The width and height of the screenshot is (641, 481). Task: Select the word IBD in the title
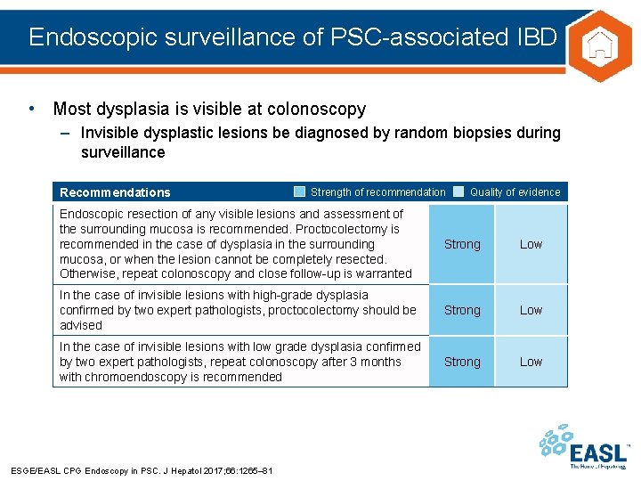pos(536,37)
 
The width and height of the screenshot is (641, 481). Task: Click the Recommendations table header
pos(115,192)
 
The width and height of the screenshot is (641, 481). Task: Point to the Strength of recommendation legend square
pos(300,192)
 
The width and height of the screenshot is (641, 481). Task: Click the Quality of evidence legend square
pos(458,192)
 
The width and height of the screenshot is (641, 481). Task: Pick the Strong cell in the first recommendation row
pos(462,244)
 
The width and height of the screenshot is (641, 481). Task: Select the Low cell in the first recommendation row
pos(531,244)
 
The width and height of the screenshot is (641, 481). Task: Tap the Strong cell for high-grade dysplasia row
pos(462,310)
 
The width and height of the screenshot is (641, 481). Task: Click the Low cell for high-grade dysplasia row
pos(531,310)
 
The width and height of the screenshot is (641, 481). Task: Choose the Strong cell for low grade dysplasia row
pos(462,362)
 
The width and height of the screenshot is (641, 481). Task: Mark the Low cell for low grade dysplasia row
pos(531,362)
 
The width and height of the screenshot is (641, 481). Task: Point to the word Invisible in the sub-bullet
pos(110,133)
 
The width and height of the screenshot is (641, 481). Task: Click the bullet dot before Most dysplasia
pos(32,109)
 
